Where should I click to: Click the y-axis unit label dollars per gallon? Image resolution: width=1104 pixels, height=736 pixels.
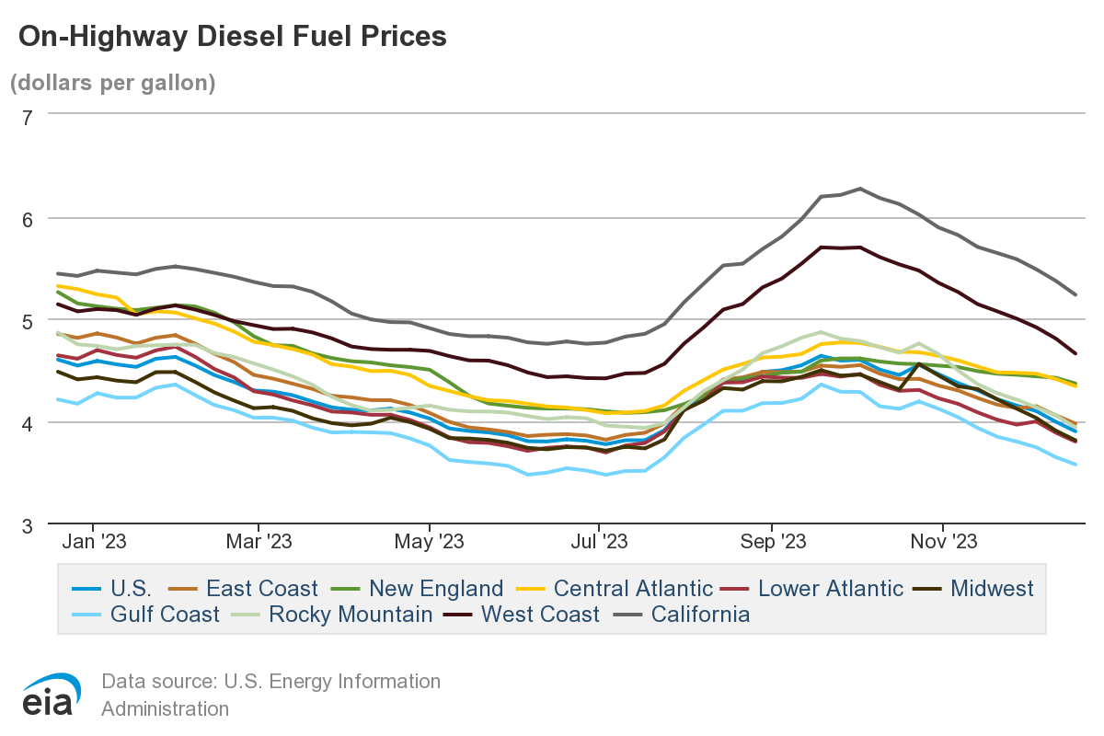(112, 83)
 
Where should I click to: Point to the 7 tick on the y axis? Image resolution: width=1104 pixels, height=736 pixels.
(27, 117)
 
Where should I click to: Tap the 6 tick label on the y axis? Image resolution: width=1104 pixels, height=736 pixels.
(27, 219)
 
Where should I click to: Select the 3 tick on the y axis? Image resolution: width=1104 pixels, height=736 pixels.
(27, 525)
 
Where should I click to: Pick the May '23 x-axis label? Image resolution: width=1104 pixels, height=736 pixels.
(430, 542)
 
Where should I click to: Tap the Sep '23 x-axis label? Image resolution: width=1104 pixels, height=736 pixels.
(773, 542)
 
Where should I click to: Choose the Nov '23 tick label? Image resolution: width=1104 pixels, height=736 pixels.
(944, 542)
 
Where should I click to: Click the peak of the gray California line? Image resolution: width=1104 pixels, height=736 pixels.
(859, 189)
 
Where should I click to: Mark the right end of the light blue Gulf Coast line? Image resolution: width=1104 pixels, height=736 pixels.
(1076, 465)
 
